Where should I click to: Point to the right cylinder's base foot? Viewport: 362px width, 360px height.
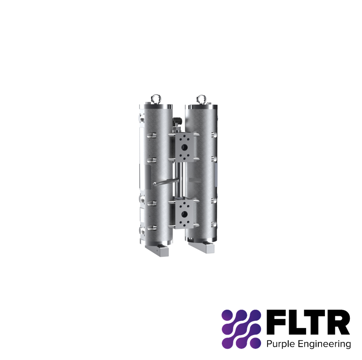tap(203, 246)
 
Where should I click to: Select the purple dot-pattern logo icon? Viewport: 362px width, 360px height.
tap(241, 329)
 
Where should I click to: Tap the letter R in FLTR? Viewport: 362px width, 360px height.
tap(338, 322)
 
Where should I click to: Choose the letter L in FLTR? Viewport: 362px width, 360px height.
tap(296, 322)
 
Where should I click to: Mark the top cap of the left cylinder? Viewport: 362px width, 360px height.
tap(156, 106)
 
